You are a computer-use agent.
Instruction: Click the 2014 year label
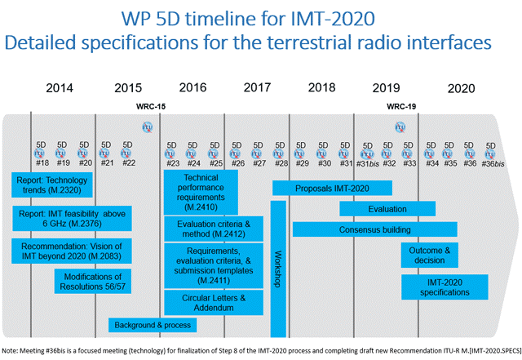click(x=60, y=87)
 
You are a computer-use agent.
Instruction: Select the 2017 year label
click(x=257, y=87)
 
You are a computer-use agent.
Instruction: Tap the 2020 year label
click(x=461, y=87)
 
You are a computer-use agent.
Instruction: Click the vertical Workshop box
click(x=278, y=269)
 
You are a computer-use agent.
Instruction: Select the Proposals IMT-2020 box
click(x=321, y=188)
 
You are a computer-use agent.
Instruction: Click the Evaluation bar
click(x=387, y=209)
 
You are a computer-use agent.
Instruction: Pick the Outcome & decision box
click(x=435, y=255)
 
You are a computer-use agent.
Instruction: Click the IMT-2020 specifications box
click(x=445, y=287)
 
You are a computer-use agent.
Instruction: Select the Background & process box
click(x=153, y=325)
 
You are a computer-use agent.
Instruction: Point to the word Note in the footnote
click(x=11, y=350)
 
